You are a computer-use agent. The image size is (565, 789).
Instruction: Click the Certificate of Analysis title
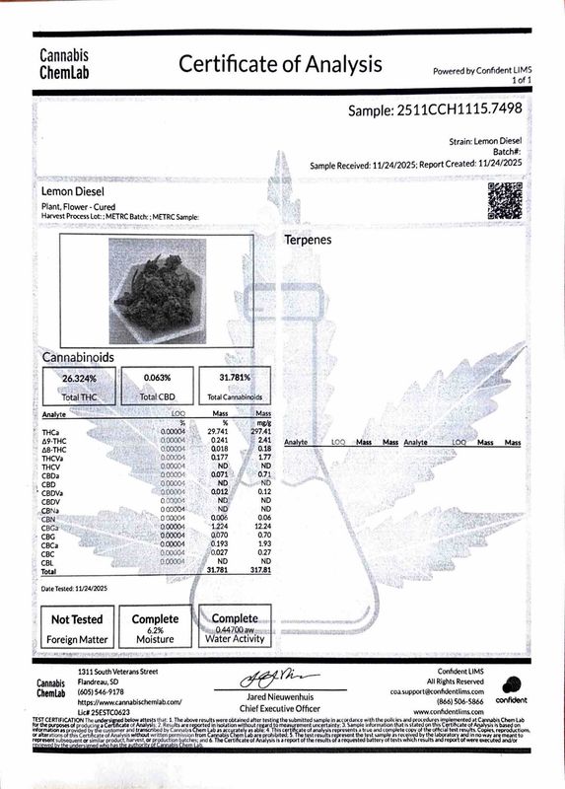pos(279,65)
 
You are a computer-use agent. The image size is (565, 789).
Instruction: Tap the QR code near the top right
pos(505,200)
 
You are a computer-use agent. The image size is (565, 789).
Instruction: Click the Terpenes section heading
pos(308,240)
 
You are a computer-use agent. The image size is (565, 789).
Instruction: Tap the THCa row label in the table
pos(52,431)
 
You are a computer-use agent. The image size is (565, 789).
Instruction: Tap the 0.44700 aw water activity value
pos(234,628)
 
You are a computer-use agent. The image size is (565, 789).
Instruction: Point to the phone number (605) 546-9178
pos(103,692)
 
